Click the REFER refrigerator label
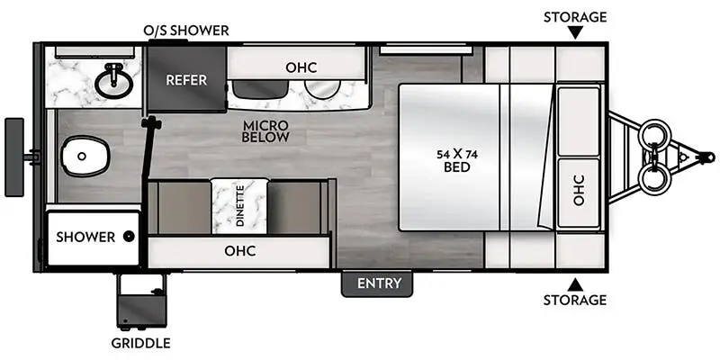[x=186, y=80]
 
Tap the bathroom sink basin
[x=114, y=81]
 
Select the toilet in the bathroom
[x=85, y=156]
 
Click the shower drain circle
[x=129, y=237]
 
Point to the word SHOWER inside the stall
[x=85, y=237]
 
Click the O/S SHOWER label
[x=186, y=31]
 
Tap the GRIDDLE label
[x=141, y=343]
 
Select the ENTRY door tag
[x=379, y=283]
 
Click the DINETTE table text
[x=239, y=207]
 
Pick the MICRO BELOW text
[x=265, y=130]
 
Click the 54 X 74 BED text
[x=457, y=161]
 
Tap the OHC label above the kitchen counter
[x=301, y=67]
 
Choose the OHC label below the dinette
[x=239, y=251]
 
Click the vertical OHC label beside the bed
[x=579, y=190]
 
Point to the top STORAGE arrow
[x=575, y=32]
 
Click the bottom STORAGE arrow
[x=575, y=284]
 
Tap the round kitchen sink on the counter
[x=323, y=89]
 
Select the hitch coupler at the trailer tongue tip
[x=706, y=157]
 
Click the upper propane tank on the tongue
[x=655, y=133]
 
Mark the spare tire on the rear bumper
[x=14, y=157]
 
